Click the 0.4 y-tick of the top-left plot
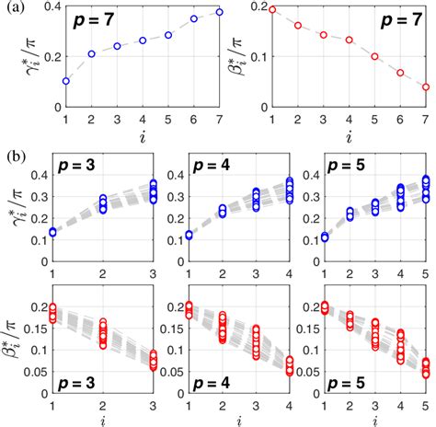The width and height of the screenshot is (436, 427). click(x=51, y=8)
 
